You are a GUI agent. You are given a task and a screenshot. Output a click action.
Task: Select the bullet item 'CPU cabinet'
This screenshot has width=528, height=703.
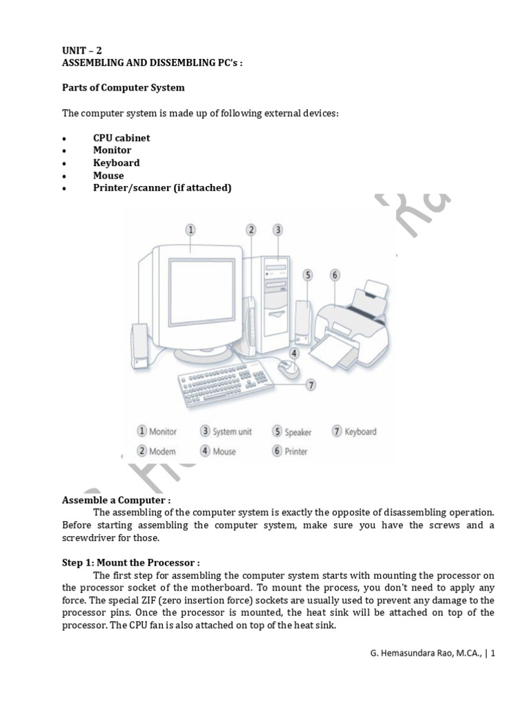click(121, 137)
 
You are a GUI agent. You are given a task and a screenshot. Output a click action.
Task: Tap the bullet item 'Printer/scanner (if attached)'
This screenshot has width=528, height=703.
click(162, 187)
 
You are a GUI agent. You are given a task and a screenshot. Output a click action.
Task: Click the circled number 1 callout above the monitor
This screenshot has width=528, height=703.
click(190, 230)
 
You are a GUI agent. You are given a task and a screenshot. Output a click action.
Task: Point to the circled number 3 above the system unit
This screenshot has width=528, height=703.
click(278, 230)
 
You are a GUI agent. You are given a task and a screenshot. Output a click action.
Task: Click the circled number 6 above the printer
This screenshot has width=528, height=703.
click(335, 275)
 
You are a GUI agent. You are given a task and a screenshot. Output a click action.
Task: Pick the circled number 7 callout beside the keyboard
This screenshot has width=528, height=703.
click(311, 385)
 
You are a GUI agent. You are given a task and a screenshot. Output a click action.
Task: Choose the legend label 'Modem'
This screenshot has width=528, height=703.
click(162, 451)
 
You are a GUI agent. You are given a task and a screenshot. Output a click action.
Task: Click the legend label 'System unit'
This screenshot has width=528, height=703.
click(232, 432)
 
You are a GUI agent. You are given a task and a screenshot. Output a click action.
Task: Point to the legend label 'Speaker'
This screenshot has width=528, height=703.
click(298, 433)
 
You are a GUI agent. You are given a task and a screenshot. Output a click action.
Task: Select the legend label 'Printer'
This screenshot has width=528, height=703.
click(296, 451)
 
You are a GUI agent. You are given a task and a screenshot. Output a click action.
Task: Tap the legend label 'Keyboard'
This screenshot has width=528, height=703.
click(360, 432)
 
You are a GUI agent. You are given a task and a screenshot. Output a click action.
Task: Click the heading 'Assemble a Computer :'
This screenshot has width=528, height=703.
click(116, 500)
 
